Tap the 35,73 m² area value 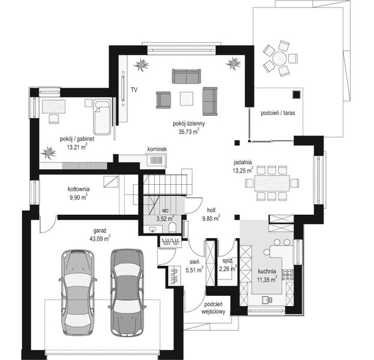coord(188,131)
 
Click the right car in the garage coord(127,290)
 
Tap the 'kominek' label coord(157,149)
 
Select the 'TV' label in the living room coord(134,89)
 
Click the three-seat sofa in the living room coord(186,76)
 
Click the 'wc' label coord(164,211)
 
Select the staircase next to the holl coord(168,183)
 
